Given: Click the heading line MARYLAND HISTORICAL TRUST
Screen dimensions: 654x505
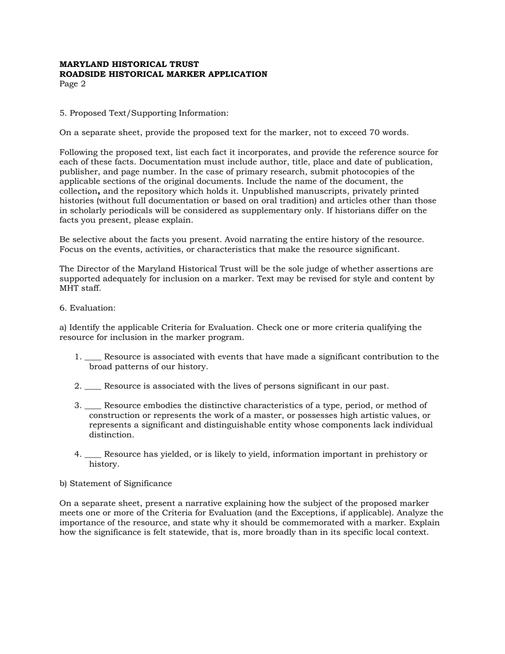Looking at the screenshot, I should pos(129,64).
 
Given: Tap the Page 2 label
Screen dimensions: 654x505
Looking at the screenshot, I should pos(72,84).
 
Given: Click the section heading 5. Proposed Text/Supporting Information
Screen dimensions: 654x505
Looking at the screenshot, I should pos(144,113).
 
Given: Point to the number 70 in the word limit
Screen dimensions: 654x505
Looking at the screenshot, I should pos(382,133).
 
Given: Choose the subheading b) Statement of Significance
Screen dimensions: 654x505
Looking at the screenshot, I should pos(116,484).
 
